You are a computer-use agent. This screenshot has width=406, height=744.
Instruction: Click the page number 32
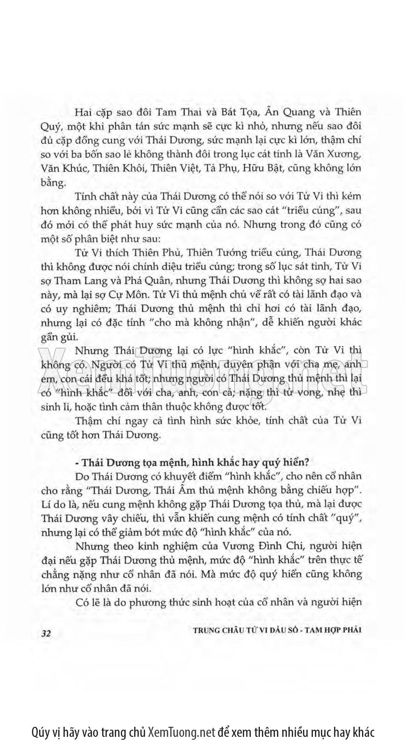click(x=46, y=633)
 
